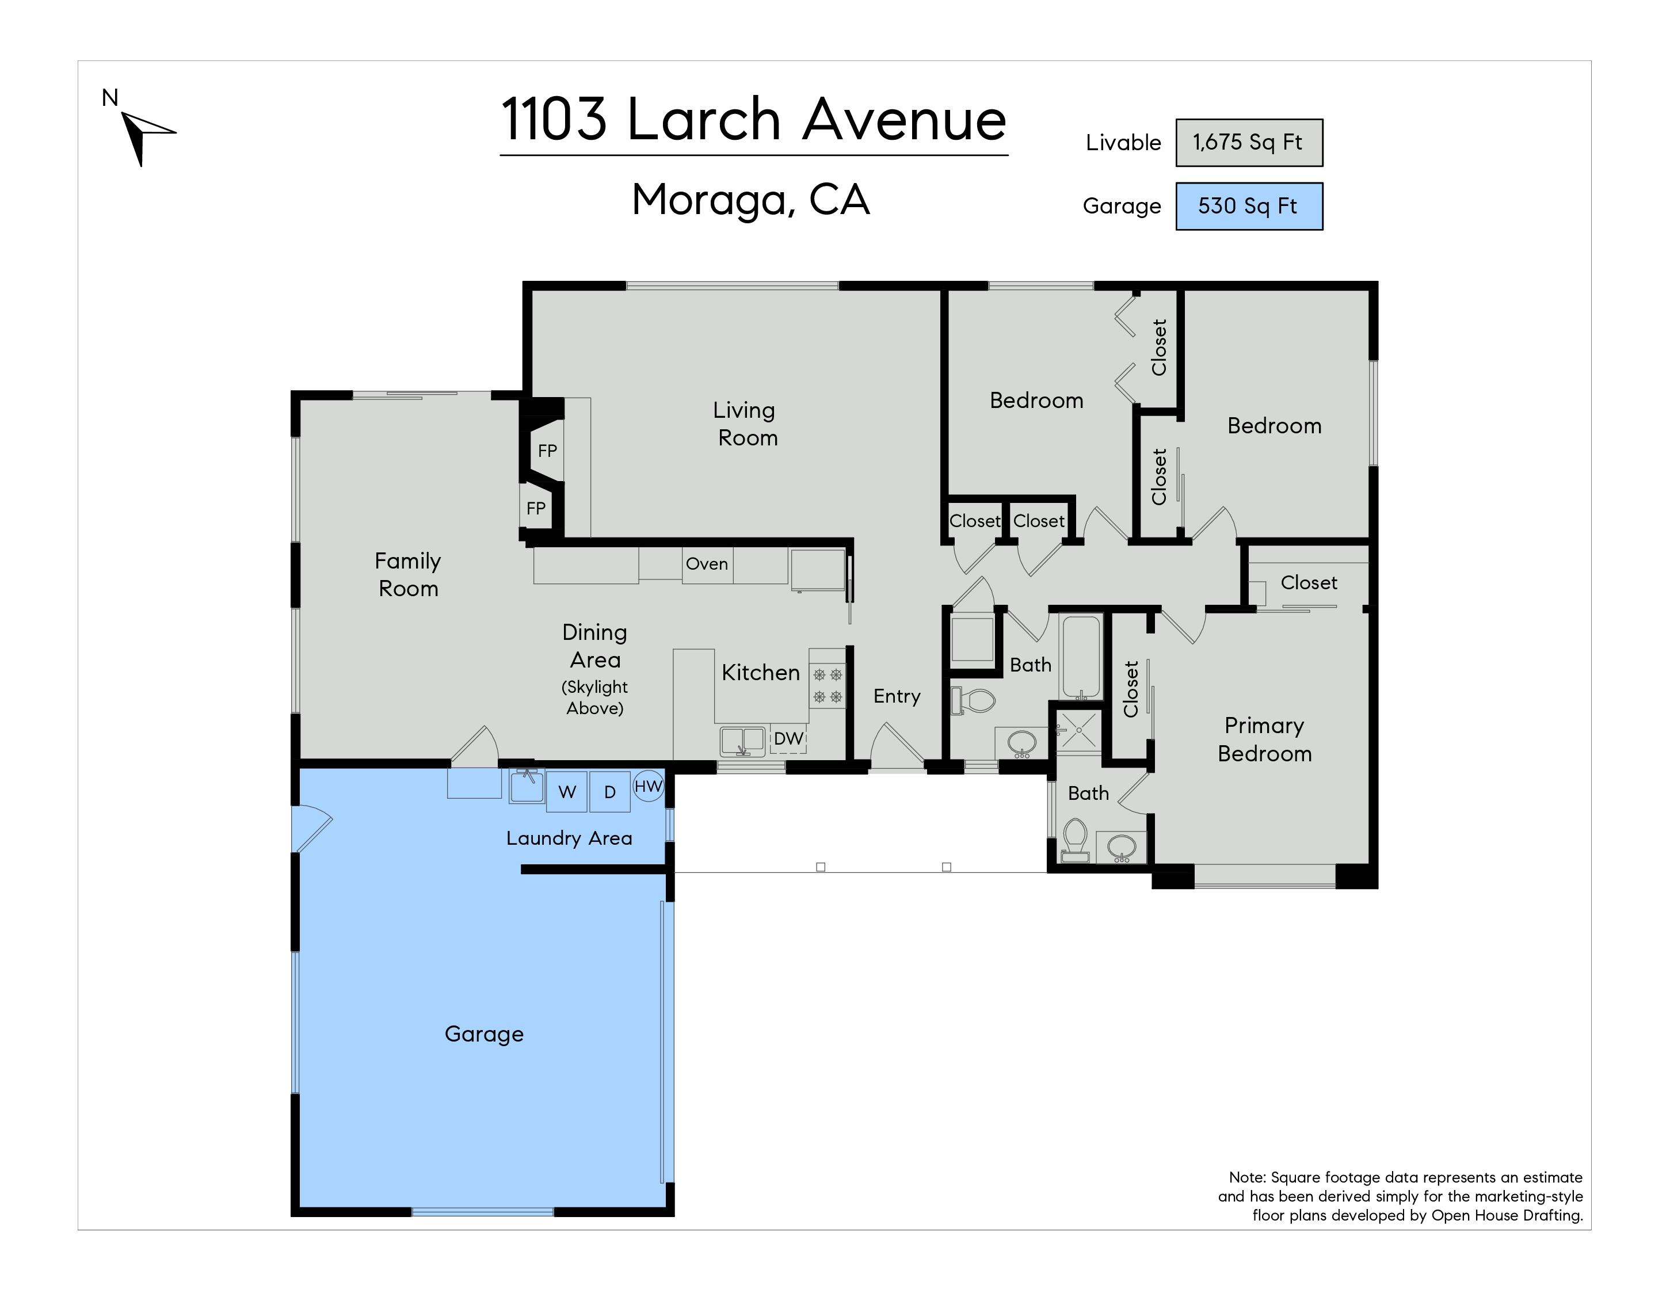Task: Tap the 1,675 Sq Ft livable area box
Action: (1249, 142)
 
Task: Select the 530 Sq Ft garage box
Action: (1249, 205)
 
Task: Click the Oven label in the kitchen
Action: (707, 564)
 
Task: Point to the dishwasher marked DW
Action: (788, 738)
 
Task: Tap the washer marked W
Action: (567, 791)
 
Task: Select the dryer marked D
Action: (609, 791)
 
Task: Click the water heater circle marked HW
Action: (649, 786)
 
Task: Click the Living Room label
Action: (746, 424)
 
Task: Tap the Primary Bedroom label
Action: (1265, 739)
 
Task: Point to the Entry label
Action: (897, 696)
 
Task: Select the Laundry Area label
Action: (569, 838)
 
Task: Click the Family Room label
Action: (409, 575)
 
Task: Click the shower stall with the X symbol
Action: (1079, 730)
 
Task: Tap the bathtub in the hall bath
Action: (1080, 658)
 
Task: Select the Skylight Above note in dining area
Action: (595, 698)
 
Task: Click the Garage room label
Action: (484, 1035)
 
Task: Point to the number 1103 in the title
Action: (554, 120)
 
